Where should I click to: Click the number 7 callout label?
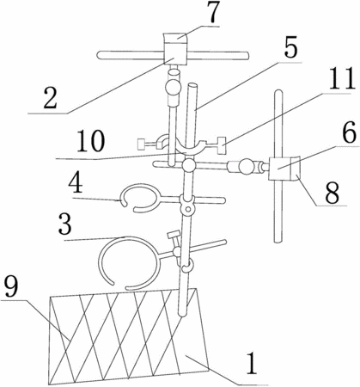pos(212,12)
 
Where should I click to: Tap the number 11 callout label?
pos(339,79)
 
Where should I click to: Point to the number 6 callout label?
pos(349,132)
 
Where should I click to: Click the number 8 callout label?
pos(332,192)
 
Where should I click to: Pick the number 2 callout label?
pos(50,98)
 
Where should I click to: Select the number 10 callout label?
pos(91,141)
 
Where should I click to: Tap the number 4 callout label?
pos(75,183)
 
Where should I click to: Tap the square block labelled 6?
pos(280,169)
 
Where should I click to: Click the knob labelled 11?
pos(221,145)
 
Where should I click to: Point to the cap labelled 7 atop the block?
pos(175,38)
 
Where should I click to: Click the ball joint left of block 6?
pos(247,167)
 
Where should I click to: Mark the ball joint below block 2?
pos(173,86)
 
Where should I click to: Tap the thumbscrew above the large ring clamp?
pos(174,236)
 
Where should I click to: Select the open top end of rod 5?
pos(192,86)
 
